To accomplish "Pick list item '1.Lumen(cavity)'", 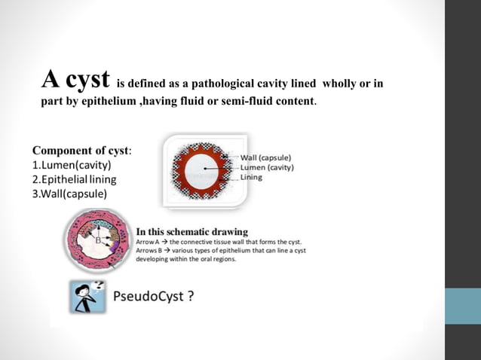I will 72,164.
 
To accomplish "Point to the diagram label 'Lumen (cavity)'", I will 266,167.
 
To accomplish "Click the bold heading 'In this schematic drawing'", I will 191,230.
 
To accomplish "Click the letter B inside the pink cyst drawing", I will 97,240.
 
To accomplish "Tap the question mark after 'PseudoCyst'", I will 191,296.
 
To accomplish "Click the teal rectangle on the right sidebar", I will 462,306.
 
